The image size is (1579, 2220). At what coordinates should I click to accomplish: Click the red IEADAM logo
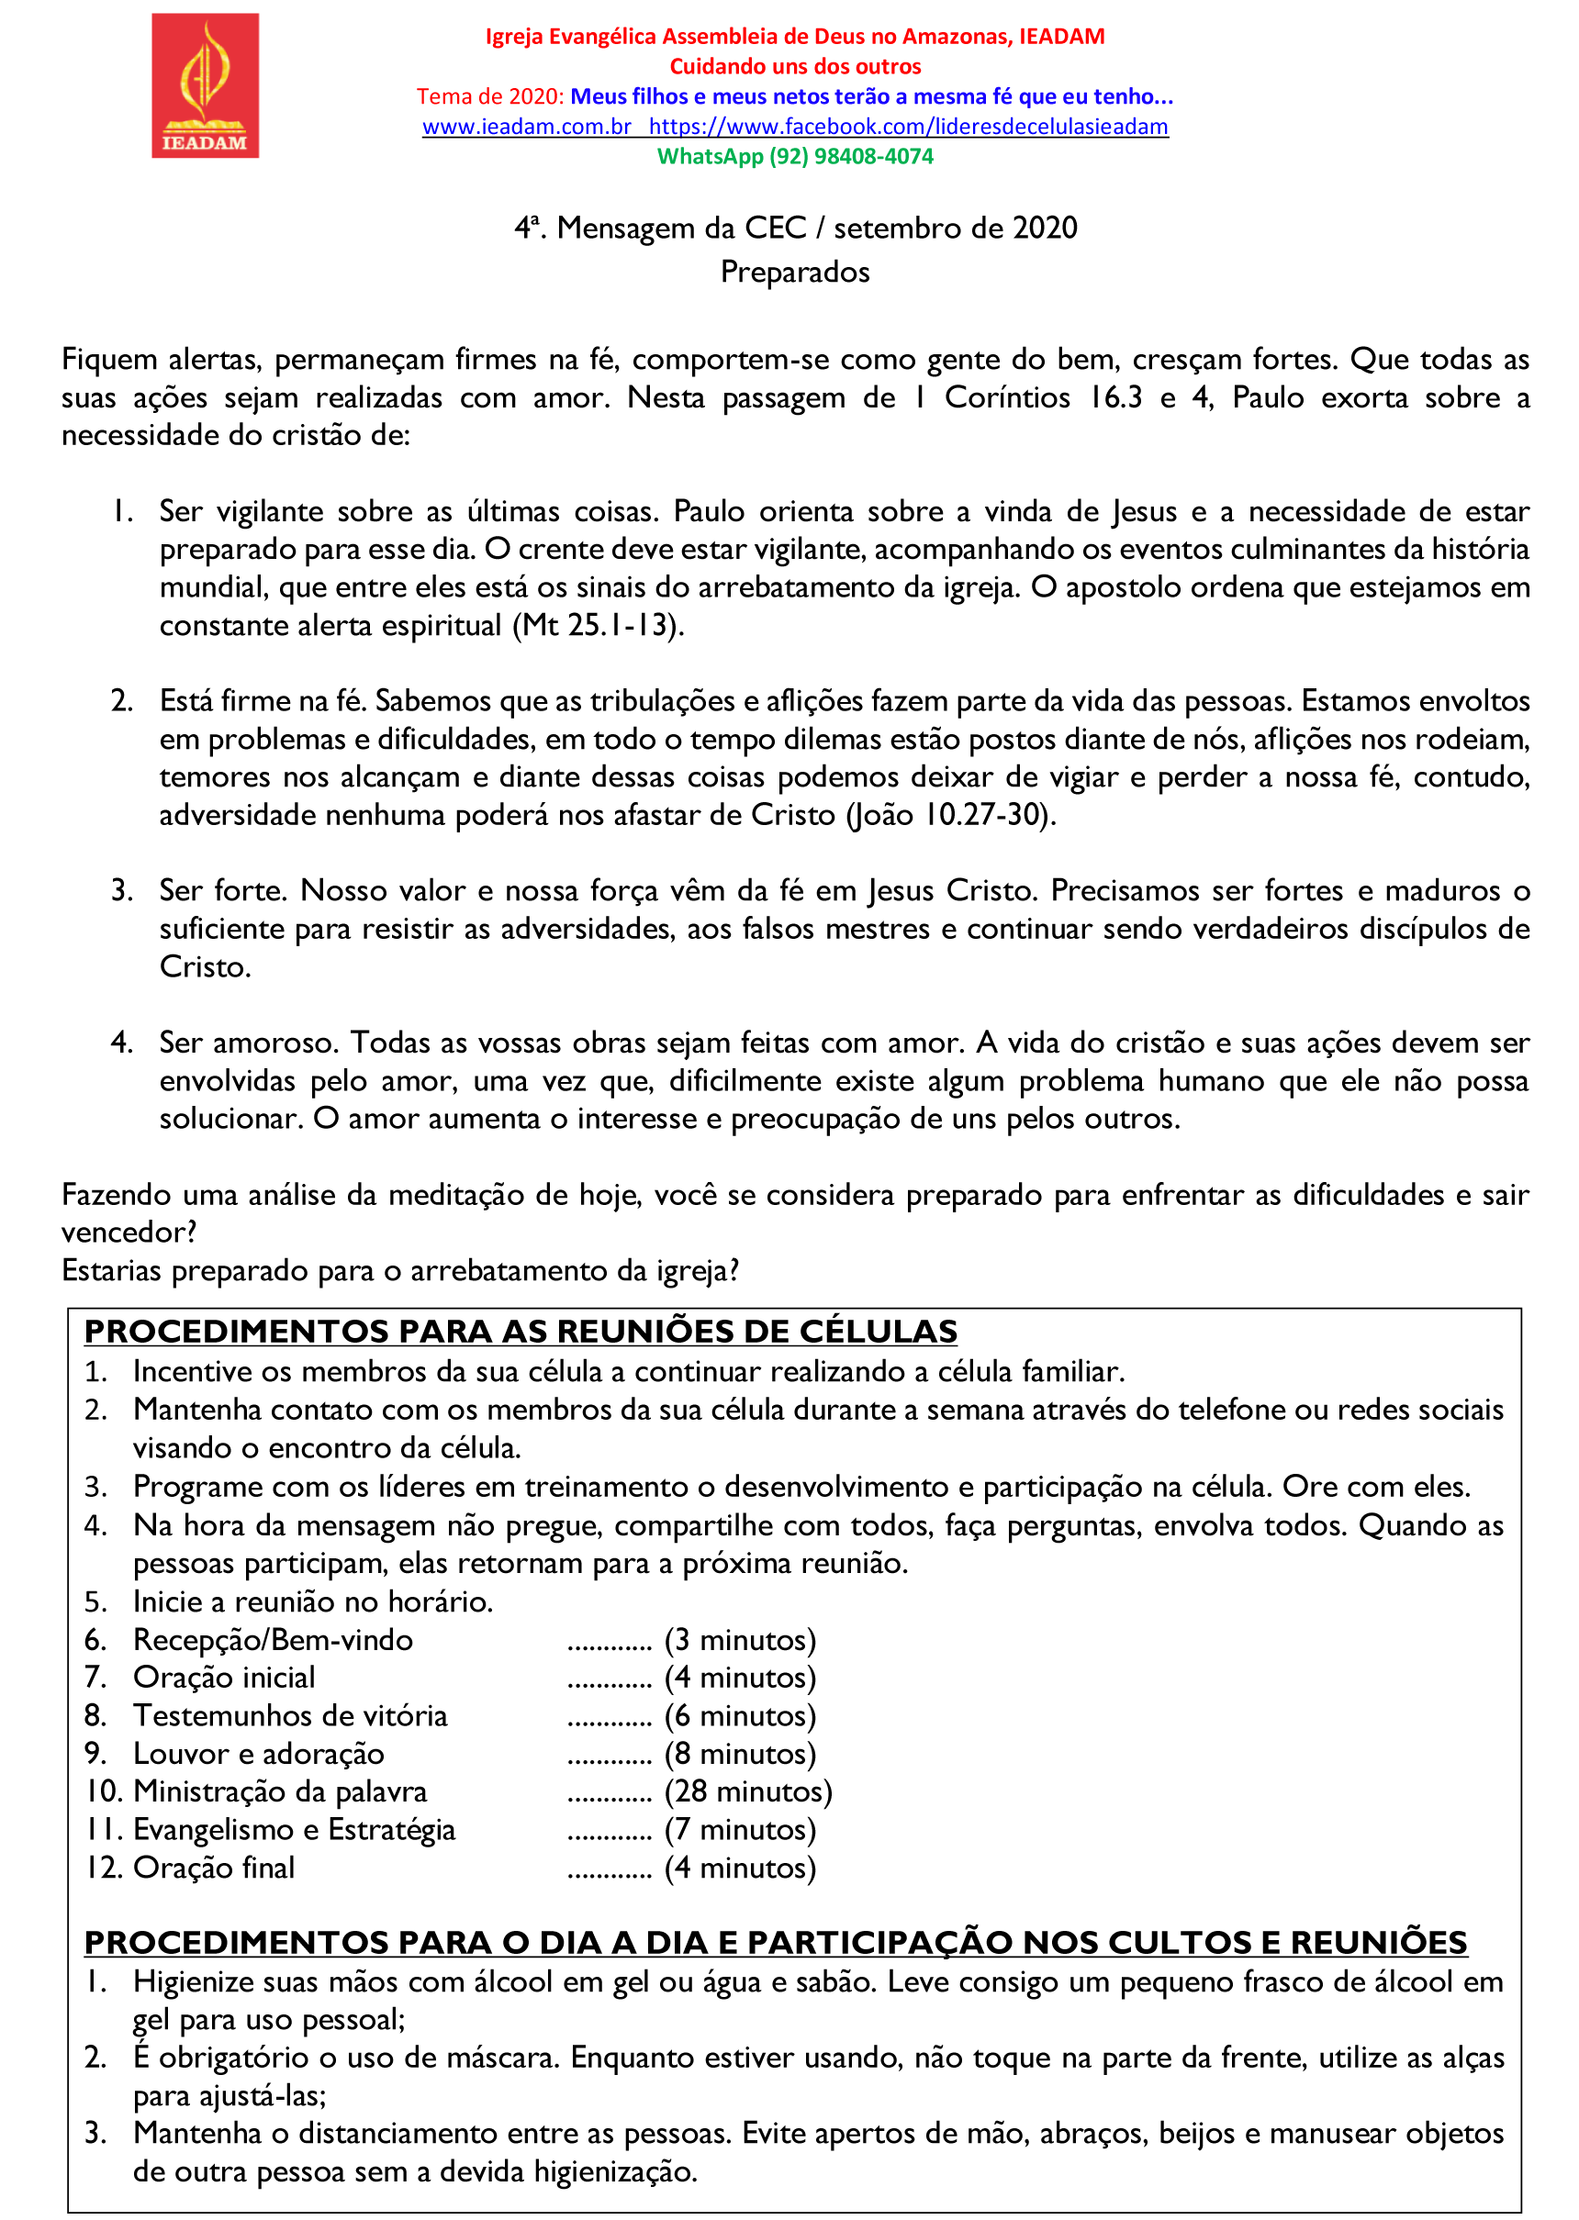(x=205, y=85)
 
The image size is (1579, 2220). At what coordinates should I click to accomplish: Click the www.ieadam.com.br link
(x=527, y=127)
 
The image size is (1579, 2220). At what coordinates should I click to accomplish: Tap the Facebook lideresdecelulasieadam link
(x=908, y=127)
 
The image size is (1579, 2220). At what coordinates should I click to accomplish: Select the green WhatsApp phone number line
(x=794, y=157)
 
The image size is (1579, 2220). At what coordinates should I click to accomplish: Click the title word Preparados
(x=794, y=273)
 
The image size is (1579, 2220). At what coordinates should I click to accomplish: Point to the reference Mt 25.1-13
(x=598, y=625)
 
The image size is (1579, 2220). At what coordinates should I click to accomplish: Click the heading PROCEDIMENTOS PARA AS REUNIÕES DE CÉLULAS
(x=521, y=1331)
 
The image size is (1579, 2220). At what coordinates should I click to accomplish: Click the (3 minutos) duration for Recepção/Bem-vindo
(x=740, y=1640)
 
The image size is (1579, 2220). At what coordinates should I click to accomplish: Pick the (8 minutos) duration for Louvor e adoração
(x=740, y=1754)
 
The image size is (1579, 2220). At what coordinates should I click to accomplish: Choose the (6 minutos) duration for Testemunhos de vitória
(x=740, y=1715)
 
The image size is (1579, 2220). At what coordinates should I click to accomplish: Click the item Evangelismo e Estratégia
(x=294, y=1829)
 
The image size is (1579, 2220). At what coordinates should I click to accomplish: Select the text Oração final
(x=214, y=1868)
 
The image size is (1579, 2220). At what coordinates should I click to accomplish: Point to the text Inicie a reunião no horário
(x=313, y=1601)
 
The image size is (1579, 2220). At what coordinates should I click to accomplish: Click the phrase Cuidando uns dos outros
(x=794, y=66)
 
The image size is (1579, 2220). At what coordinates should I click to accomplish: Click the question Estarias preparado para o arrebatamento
(x=399, y=1270)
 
